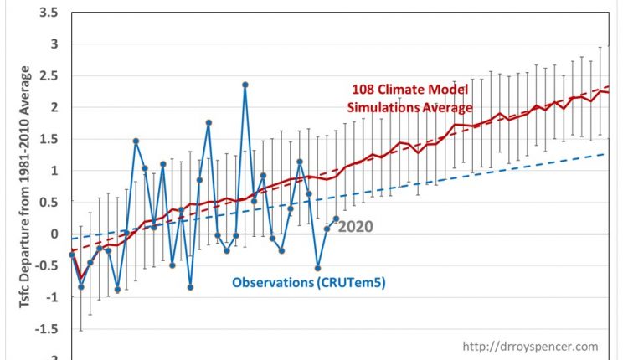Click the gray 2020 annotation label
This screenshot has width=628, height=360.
(356, 226)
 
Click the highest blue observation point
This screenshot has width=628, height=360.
(245, 85)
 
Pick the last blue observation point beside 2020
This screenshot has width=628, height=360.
(336, 219)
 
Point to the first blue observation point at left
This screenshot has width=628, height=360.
(72, 255)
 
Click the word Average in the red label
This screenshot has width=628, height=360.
(449, 108)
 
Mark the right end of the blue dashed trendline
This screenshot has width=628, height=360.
(608, 154)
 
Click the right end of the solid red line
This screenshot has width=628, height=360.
(608, 92)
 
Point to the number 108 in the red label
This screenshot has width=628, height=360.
(363, 91)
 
